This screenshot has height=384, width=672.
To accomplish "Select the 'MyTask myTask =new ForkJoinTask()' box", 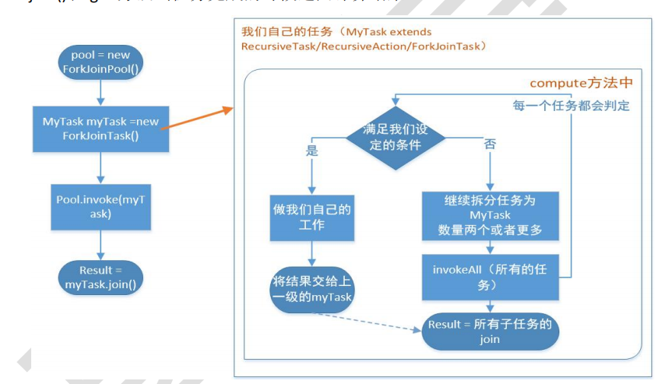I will pyautogui.click(x=100, y=129).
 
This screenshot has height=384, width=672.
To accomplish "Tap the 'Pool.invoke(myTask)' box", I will pyautogui.click(x=100, y=207).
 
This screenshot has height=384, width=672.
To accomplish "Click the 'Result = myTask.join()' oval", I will pyautogui.click(x=100, y=277).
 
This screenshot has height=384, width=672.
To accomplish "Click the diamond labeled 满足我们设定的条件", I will pyautogui.click(x=395, y=138).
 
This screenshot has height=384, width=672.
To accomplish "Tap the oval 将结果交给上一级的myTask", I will pyautogui.click(x=312, y=289).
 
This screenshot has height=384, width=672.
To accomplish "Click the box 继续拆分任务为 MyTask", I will pyautogui.click(x=489, y=215).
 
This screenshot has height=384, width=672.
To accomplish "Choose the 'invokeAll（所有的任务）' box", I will pyautogui.click(x=489, y=277).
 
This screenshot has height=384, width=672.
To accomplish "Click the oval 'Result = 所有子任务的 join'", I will pyautogui.click(x=489, y=332).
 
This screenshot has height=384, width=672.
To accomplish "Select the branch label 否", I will pyautogui.click(x=489, y=144).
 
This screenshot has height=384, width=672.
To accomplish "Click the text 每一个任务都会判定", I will pyautogui.click(x=571, y=105).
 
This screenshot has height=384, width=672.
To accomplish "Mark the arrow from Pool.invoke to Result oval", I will pyautogui.click(x=100, y=245).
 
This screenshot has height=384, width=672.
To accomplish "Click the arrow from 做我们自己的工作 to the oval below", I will pyautogui.click(x=311, y=253).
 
